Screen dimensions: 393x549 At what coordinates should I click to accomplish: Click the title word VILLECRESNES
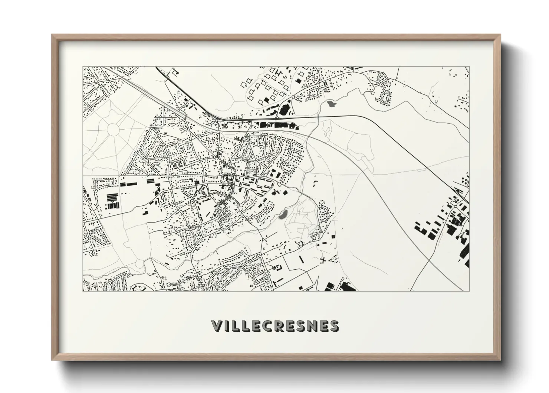tap(275, 326)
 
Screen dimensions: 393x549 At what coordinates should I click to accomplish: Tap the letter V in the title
tap(217, 326)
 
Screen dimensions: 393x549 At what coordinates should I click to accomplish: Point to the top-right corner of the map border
tap(470, 67)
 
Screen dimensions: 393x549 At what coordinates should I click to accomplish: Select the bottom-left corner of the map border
tap(83, 290)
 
